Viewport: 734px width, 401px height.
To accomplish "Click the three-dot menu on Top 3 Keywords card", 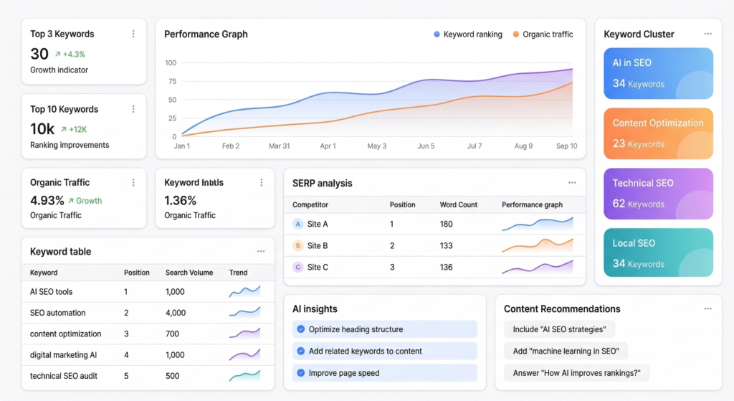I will (133, 34).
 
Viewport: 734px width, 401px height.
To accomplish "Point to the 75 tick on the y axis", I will (171, 81).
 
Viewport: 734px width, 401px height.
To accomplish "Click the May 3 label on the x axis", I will (376, 146).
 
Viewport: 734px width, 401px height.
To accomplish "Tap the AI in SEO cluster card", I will (658, 73).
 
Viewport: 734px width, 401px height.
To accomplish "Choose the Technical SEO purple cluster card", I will (658, 194).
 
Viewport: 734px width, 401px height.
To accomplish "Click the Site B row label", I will (318, 245).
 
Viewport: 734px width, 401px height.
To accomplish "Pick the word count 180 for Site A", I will (447, 224).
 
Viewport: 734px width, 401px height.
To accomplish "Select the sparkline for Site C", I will (537, 267).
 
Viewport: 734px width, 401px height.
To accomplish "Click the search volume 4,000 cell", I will (176, 313).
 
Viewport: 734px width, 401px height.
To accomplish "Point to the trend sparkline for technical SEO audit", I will (244, 375).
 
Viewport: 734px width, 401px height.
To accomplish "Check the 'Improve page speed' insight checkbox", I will (301, 373).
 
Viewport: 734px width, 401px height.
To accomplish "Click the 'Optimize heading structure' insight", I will (356, 329).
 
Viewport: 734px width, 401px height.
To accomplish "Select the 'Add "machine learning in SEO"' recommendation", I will (566, 351).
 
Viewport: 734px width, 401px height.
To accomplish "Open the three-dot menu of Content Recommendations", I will (707, 308).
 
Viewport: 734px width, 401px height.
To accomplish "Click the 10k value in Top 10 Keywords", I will (42, 129).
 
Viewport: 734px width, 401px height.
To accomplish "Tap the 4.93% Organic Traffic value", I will (47, 201).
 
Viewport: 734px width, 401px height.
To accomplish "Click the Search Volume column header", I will (189, 273).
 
